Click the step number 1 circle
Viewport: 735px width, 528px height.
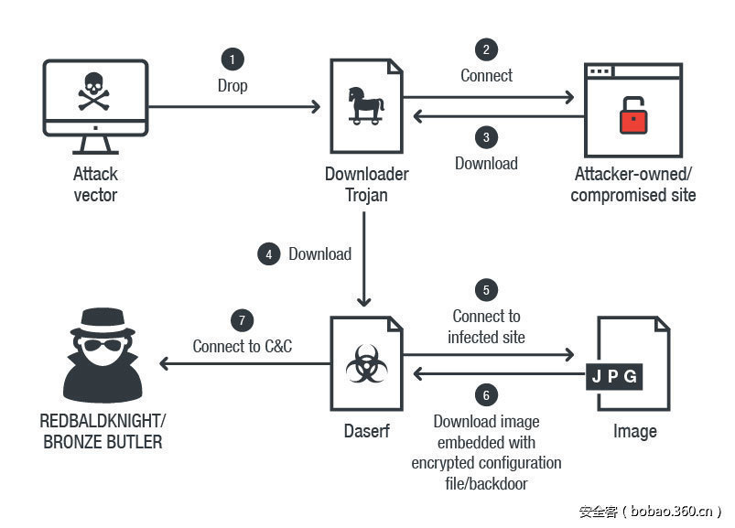[x=232, y=59]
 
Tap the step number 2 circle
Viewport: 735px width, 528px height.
[x=486, y=49]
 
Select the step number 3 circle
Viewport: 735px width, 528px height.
[x=486, y=137]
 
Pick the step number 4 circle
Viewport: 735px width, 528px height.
[x=268, y=254]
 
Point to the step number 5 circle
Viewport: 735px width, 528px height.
[x=486, y=290]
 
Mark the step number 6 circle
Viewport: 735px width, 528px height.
[x=486, y=395]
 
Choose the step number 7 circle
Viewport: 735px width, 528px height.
[x=242, y=320]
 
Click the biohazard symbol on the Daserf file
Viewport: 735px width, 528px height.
[x=365, y=367]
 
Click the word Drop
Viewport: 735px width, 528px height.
[x=232, y=86]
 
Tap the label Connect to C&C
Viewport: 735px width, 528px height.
[x=242, y=347]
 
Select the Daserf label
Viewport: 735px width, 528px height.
[x=366, y=431]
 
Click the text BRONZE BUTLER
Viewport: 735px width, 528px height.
[x=108, y=442]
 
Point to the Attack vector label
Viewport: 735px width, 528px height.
[x=95, y=184]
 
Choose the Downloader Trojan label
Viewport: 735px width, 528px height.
[x=366, y=184]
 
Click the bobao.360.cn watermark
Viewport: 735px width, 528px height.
[x=650, y=512]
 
